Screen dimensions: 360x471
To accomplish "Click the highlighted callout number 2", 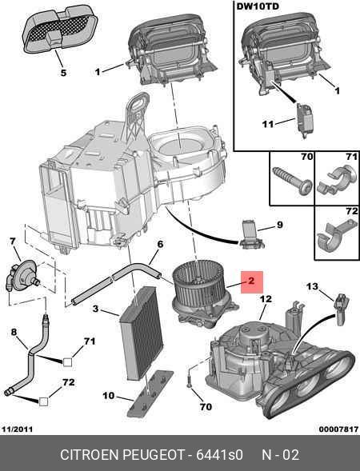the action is (x=251, y=281).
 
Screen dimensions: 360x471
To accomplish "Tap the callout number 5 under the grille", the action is (x=63, y=73).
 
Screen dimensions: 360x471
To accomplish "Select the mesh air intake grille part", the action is (x=60, y=30).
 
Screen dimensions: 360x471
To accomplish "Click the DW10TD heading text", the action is (x=258, y=6).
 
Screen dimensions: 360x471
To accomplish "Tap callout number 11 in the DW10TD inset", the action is (x=268, y=124).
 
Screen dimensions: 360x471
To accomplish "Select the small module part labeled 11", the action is (x=305, y=121).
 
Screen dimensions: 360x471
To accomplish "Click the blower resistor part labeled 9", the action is (x=251, y=235).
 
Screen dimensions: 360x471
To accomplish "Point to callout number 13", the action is (x=312, y=286).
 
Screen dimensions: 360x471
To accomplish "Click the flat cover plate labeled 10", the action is (x=150, y=394).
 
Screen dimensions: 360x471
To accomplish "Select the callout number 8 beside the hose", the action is (x=14, y=332).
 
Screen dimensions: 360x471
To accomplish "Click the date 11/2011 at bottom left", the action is (x=17, y=429).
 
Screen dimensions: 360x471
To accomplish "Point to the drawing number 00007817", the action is (x=338, y=429).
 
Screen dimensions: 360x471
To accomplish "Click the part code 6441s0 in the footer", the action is (x=219, y=455).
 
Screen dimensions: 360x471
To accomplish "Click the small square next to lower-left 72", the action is (x=43, y=401).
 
